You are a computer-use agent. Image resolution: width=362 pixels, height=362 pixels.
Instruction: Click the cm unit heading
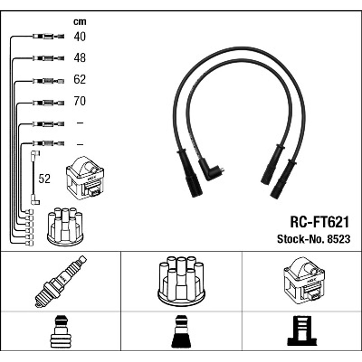(x=80, y=22)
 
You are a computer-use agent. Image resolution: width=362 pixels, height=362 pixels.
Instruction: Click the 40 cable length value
(x=80, y=37)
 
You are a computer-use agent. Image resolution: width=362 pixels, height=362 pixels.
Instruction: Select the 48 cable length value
(x=80, y=58)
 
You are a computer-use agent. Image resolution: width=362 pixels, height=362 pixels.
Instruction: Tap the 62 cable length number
(x=80, y=79)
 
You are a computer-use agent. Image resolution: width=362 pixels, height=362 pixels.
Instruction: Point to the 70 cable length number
(x=80, y=101)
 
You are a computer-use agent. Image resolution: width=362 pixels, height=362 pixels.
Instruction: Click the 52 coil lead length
(x=44, y=179)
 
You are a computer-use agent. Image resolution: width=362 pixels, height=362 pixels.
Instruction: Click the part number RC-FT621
(x=319, y=222)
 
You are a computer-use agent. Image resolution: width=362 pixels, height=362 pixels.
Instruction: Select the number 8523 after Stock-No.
(x=339, y=239)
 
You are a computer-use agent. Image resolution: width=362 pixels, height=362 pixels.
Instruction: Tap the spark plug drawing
(x=61, y=282)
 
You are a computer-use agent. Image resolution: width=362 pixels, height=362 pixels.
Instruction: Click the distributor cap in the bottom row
(x=181, y=282)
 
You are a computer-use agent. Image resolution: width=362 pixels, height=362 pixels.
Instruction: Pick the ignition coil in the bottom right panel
(x=304, y=281)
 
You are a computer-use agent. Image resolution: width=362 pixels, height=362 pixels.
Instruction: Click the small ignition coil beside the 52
(x=85, y=178)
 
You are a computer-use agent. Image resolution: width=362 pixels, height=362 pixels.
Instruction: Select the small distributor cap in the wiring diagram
(x=65, y=227)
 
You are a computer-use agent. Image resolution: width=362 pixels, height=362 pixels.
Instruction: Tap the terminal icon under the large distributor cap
(x=181, y=331)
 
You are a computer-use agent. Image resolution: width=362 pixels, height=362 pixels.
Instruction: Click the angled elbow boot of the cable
(x=210, y=170)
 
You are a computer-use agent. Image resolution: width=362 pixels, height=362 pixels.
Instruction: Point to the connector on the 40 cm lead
(x=48, y=36)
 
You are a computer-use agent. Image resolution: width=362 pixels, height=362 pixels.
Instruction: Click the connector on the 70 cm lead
(x=48, y=103)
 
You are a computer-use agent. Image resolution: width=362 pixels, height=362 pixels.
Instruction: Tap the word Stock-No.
(x=301, y=239)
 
